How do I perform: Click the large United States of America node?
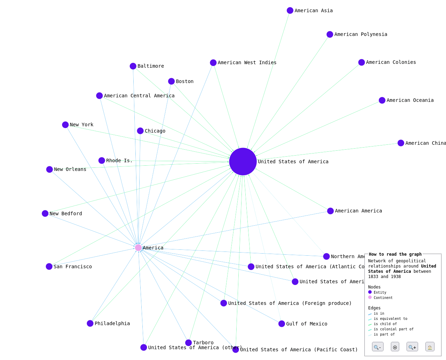tap(243, 162)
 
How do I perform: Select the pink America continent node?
tap(138, 248)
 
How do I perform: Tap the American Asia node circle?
tap(290, 10)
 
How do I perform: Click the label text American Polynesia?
tap(360, 34)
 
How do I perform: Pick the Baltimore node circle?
tap(133, 66)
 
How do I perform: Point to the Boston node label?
tap(184, 81)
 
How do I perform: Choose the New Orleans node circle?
tap(50, 170)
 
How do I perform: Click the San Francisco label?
tap(73, 267)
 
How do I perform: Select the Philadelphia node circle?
tap(90, 323)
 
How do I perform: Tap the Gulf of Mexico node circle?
tap(282, 324)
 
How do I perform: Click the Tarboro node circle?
tap(188, 343)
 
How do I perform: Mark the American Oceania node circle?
tap(382, 100)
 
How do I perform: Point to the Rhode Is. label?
tap(119, 160)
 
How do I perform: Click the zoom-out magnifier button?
tap(378, 347)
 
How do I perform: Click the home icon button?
tap(430, 347)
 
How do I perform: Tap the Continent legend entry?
tap(383, 298)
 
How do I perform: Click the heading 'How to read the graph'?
tap(395, 254)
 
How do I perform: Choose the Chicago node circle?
tap(140, 131)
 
